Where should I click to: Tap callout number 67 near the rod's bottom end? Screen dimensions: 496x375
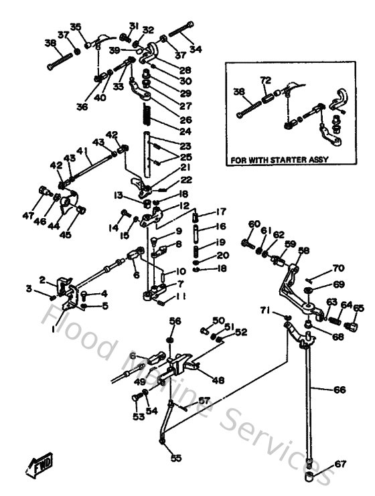pyautogui.click(x=341, y=463)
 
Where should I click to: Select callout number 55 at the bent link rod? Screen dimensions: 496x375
pyautogui.click(x=175, y=458)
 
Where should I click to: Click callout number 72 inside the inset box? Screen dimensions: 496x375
pyautogui.click(x=265, y=80)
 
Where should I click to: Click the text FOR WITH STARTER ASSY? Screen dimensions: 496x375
pyautogui.click(x=275, y=161)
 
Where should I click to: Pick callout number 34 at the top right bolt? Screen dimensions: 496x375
pyautogui.click(x=195, y=49)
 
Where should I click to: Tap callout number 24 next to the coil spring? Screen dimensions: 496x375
pyautogui.click(x=185, y=131)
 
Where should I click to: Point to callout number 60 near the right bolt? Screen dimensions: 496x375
pyautogui.click(x=253, y=224)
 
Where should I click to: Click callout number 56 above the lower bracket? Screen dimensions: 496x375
pyautogui.click(x=174, y=321)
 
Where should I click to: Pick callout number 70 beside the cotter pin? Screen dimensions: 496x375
pyautogui.click(x=338, y=268)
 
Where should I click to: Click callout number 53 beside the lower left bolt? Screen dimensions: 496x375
pyautogui.click(x=138, y=416)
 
